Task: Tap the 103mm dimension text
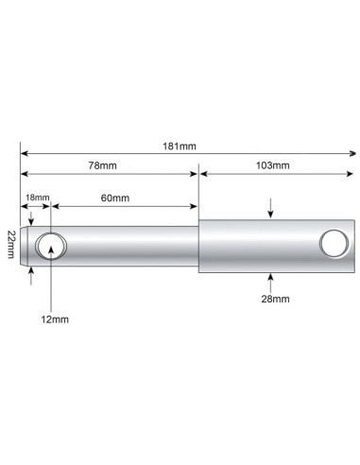point(273,165)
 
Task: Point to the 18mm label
point(36,197)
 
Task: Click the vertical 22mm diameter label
point(9,246)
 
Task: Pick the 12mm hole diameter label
point(56,319)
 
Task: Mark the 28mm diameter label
point(273,299)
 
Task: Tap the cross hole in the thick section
point(333,244)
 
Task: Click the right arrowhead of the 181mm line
point(352,153)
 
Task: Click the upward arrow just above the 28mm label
point(272,279)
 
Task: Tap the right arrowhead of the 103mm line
point(352,173)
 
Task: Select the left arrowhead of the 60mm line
point(56,204)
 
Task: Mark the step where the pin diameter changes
point(197,246)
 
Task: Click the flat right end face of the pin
point(355,246)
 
